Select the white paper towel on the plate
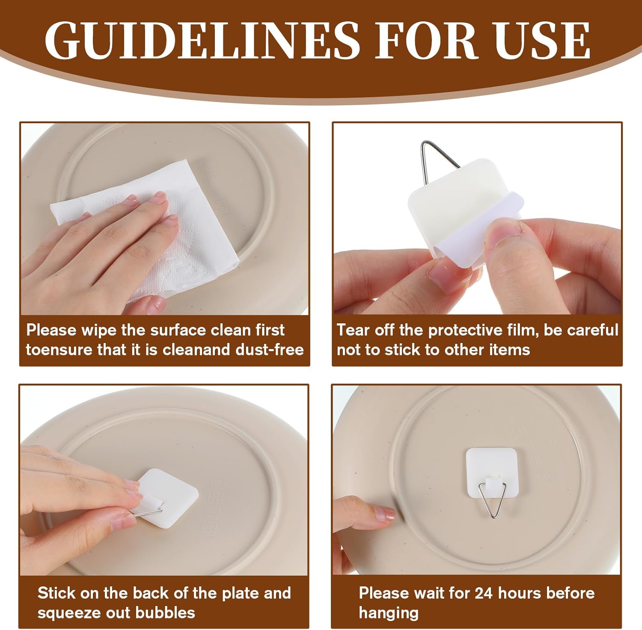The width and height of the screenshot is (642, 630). pyautogui.click(x=146, y=227)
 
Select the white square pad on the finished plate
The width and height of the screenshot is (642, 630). pyautogui.click(x=490, y=472)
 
